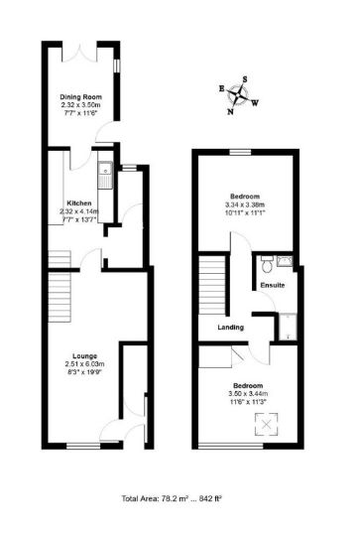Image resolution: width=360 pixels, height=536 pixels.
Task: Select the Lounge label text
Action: (x=82, y=354)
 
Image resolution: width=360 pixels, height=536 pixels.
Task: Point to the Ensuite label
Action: (x=273, y=286)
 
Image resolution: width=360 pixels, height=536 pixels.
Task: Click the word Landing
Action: (x=231, y=327)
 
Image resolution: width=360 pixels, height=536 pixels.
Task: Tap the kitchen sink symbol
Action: (x=102, y=177)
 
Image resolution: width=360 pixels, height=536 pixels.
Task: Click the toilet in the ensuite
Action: (x=266, y=265)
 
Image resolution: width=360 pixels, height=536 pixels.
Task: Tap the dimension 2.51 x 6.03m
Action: (x=82, y=363)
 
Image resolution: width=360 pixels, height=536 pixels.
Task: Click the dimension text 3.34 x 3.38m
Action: (x=245, y=206)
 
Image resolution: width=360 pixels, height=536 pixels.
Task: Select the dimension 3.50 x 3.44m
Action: (x=248, y=393)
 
